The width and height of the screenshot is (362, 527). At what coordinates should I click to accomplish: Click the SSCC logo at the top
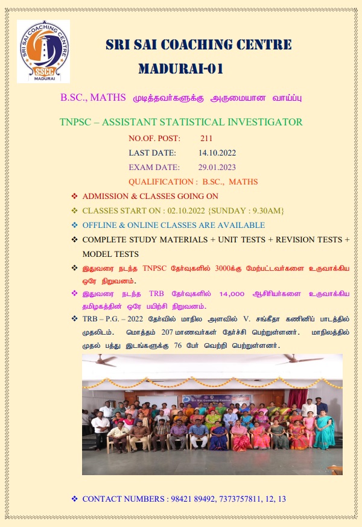(x=43, y=51)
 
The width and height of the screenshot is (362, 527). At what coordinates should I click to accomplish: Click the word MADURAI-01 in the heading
(x=180, y=68)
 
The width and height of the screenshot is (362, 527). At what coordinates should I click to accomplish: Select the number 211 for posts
(x=206, y=139)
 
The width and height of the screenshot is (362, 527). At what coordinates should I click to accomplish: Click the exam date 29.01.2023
(x=217, y=167)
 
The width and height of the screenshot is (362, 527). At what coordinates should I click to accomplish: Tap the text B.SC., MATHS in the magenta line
(x=93, y=97)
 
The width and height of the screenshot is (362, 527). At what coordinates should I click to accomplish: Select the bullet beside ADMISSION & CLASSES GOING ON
(x=75, y=197)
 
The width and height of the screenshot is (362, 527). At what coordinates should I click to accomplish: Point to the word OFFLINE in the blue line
(x=99, y=226)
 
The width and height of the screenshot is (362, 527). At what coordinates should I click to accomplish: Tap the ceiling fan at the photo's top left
(x=103, y=360)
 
